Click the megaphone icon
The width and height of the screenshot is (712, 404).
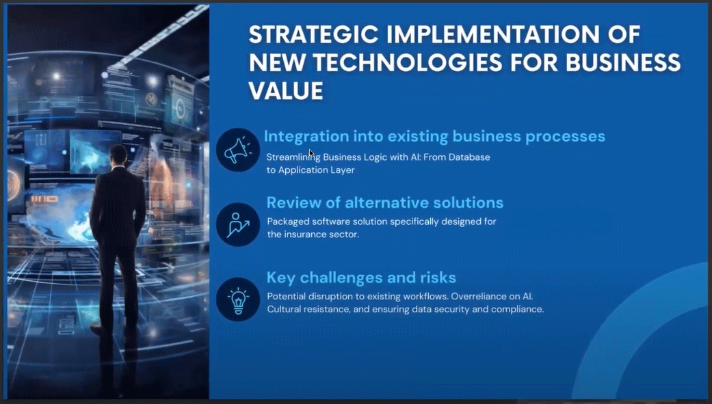(238, 150)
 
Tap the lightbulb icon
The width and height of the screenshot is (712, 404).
(239, 301)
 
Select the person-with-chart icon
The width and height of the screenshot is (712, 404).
(238, 225)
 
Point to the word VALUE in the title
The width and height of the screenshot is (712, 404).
(286, 91)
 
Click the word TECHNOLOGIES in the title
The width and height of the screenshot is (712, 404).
(408, 63)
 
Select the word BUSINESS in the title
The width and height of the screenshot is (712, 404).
(623, 63)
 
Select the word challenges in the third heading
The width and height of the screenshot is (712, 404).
(341, 278)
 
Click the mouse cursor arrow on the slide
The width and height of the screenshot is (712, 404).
(311, 153)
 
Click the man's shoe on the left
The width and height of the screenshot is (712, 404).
(101, 327)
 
